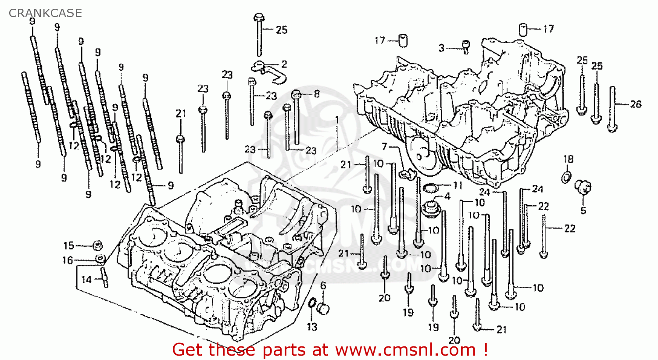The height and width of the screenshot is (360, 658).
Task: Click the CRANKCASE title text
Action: [x=45, y=13]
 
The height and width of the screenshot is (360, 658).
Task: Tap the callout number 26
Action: [x=636, y=104]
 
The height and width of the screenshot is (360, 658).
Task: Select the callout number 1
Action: [x=337, y=120]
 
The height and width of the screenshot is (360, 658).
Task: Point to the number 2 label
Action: [x=284, y=64]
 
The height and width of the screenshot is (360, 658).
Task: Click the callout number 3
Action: [x=441, y=48]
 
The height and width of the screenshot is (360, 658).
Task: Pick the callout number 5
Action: [x=583, y=210]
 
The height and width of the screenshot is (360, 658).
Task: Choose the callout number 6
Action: [x=323, y=286]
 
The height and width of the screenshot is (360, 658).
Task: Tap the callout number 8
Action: [x=317, y=94]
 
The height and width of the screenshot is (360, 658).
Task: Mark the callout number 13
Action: [x=312, y=327]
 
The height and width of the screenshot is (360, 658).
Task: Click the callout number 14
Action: [x=87, y=279]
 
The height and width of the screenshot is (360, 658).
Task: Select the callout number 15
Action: [x=69, y=246]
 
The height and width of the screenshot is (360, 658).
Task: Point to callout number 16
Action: [x=68, y=260]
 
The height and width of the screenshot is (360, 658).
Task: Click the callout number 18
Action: [x=569, y=159]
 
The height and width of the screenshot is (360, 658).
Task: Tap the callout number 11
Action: [x=458, y=185]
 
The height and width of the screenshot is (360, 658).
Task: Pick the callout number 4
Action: [x=447, y=196]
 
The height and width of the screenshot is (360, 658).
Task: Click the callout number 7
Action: [x=385, y=146]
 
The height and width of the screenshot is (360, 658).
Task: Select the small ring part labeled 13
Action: [x=312, y=303]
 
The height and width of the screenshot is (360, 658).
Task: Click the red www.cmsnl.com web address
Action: [x=406, y=350]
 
